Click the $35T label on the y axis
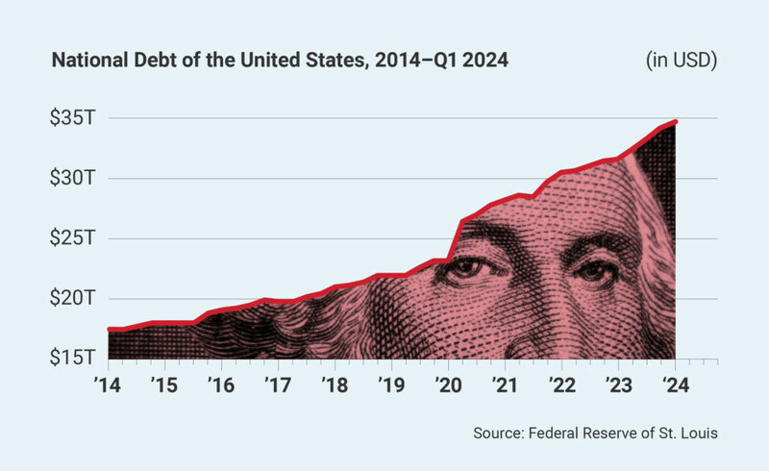73,118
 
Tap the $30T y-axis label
73,178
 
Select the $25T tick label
73,237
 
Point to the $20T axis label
73,298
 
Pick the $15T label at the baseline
73,359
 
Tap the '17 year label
277,385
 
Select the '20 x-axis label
447,385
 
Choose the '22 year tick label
560,385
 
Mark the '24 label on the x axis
674,385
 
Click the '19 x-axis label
390,385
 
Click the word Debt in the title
143,62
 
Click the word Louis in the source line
697,434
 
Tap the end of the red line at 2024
676,122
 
